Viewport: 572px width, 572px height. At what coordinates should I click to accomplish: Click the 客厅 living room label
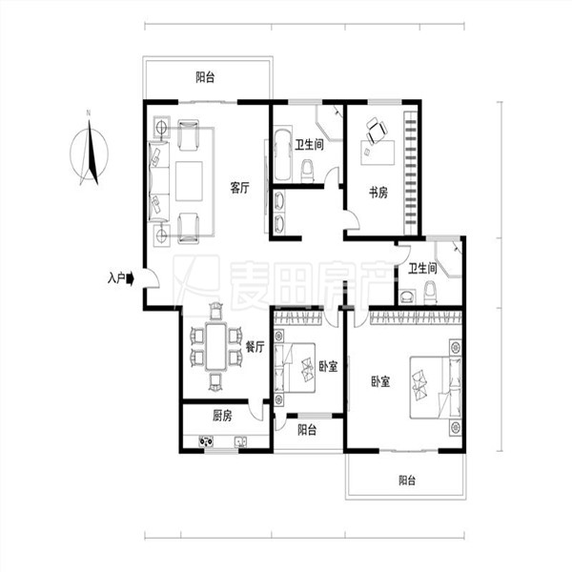coord(239,188)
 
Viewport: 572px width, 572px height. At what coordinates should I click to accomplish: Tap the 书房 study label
coord(378,193)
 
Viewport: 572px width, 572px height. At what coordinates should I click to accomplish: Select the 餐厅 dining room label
coord(255,347)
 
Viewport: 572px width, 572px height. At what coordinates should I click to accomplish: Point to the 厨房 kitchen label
coord(222,416)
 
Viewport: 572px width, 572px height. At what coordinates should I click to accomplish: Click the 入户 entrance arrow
coord(131,279)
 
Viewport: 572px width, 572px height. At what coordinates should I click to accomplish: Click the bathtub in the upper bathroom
coord(283,154)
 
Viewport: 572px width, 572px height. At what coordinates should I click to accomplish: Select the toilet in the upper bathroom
coord(307,171)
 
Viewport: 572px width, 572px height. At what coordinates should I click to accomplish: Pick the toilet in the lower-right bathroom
coord(431,293)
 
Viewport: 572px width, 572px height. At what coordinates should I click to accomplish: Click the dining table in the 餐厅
coord(216,346)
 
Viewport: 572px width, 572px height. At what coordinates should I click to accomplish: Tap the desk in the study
coord(378,153)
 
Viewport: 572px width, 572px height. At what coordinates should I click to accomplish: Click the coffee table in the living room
coord(189,181)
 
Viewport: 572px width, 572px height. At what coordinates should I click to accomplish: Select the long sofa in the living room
coord(159,181)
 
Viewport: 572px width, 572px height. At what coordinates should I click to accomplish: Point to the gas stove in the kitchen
coord(206,441)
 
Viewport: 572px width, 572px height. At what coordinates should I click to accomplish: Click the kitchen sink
coord(240,442)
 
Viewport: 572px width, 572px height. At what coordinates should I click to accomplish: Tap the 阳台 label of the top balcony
coord(205,77)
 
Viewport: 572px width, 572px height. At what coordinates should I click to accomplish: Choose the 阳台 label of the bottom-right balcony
coord(407,480)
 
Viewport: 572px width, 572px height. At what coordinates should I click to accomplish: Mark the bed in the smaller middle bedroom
coord(295,368)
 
